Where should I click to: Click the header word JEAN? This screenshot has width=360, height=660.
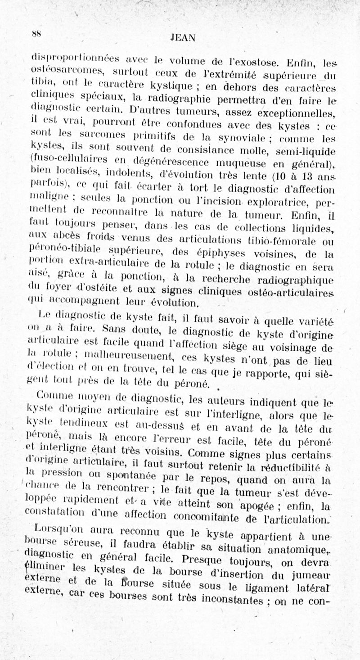click(183, 38)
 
